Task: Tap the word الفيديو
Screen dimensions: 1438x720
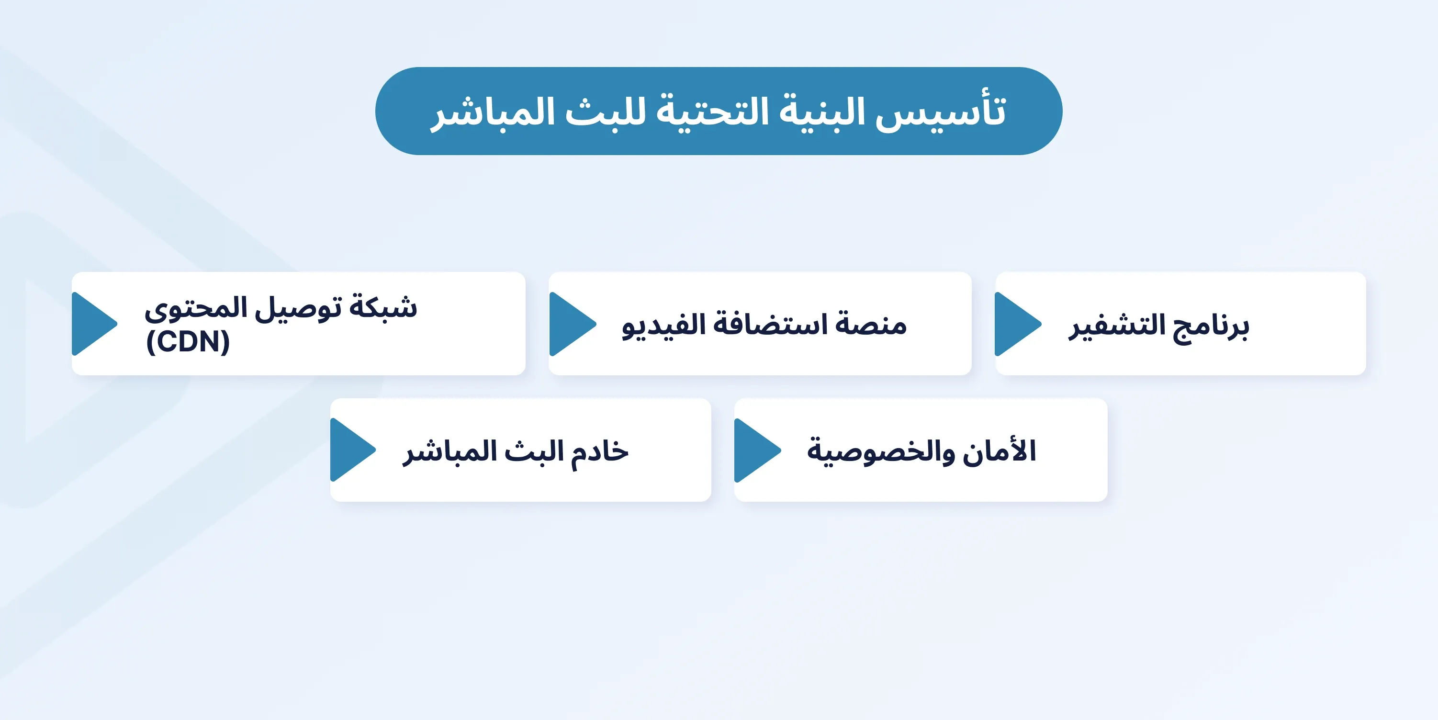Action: tap(664, 325)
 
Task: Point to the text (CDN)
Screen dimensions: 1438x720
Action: tap(188, 342)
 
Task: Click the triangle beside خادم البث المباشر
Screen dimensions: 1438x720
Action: tap(353, 450)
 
